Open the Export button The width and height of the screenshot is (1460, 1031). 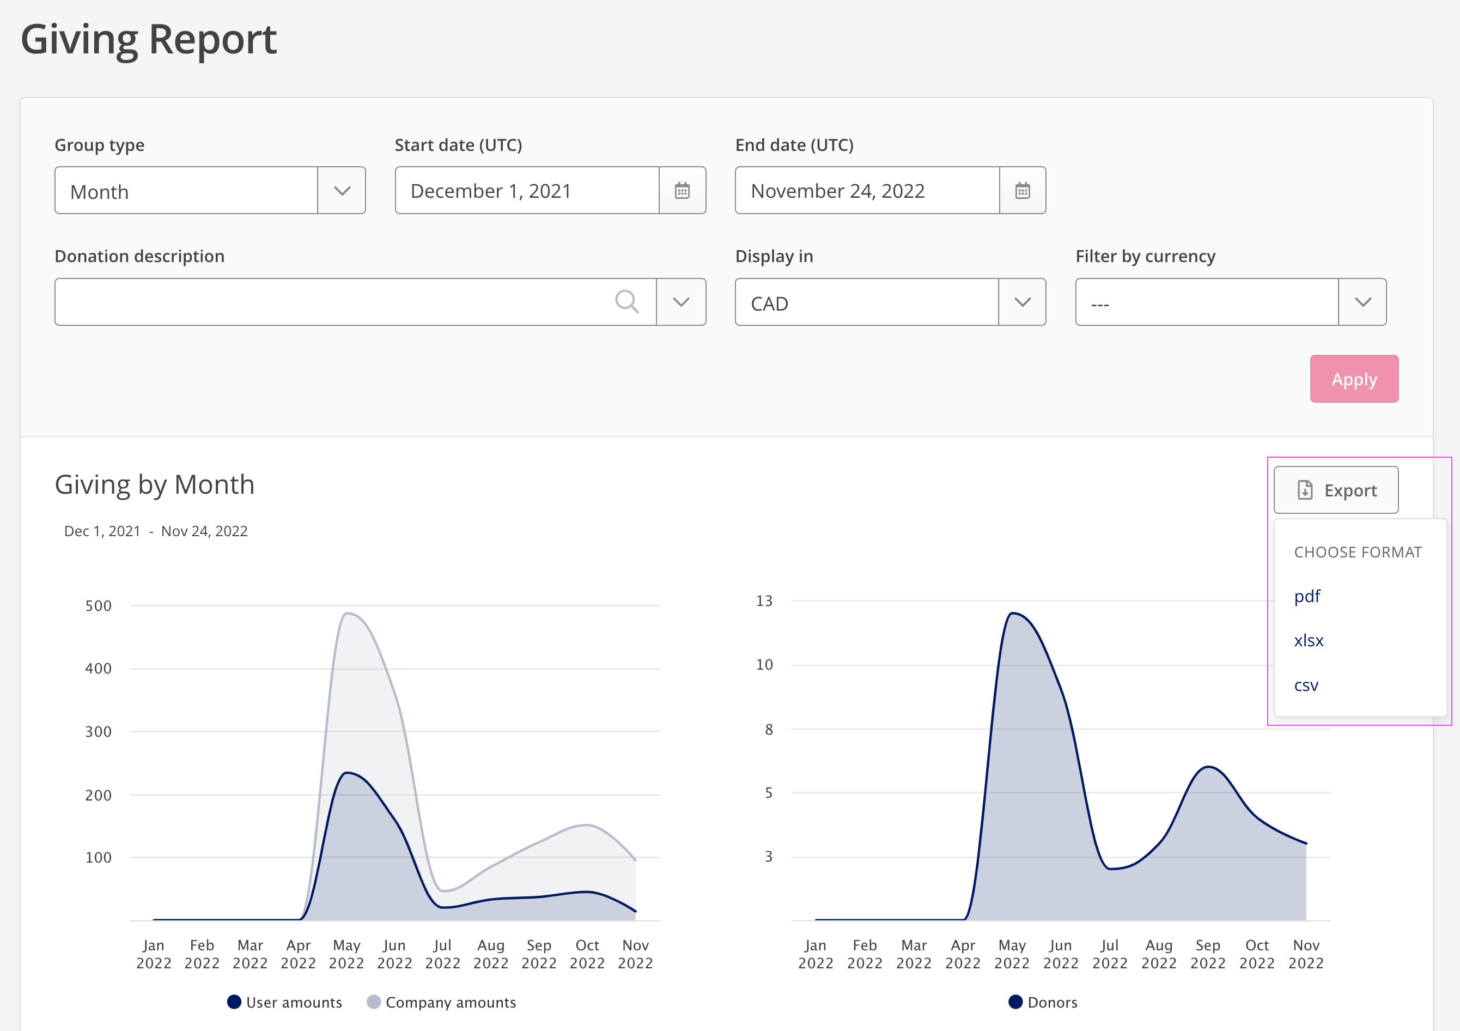[1335, 490]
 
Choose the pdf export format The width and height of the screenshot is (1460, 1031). [1307, 597]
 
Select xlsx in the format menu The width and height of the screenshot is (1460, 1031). [1309, 640]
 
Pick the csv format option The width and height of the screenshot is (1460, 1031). [1306, 686]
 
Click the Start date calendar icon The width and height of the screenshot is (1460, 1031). [682, 190]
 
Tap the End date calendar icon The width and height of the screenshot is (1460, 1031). [1022, 190]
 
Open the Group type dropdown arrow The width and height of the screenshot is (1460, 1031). [342, 191]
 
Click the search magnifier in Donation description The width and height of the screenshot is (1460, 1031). [626, 301]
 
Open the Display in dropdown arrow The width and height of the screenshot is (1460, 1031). [1022, 302]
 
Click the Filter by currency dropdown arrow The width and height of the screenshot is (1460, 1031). [1362, 302]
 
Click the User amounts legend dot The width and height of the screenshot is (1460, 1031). [234, 1002]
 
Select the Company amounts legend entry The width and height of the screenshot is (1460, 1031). [441, 1002]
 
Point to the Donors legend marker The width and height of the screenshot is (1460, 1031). [1015, 1002]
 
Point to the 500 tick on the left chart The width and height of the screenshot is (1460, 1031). [99, 605]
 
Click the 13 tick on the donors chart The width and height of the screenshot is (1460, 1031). [764, 601]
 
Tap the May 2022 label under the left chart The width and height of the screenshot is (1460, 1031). [346, 954]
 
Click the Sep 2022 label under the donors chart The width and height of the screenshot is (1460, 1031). [1208, 954]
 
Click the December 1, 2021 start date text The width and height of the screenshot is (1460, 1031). [491, 191]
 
